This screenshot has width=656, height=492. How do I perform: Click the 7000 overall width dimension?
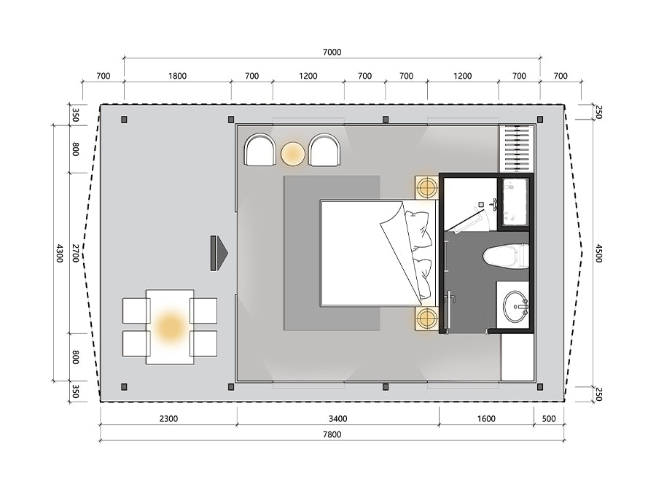(x=332, y=52)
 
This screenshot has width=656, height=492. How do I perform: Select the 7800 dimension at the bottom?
(x=332, y=434)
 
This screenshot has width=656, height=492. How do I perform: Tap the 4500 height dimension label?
(x=598, y=254)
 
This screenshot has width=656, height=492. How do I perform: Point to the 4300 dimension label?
(x=60, y=253)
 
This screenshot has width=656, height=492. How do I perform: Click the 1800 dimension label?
(x=177, y=76)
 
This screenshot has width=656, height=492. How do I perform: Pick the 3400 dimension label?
(x=337, y=418)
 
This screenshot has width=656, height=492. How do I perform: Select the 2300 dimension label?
(x=168, y=418)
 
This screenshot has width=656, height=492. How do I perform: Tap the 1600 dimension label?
(x=486, y=418)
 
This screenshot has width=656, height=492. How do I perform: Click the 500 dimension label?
(x=549, y=418)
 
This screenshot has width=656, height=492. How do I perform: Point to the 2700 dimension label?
(x=75, y=253)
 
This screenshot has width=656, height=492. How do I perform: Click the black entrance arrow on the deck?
(x=219, y=253)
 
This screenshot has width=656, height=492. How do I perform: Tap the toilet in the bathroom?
(x=506, y=256)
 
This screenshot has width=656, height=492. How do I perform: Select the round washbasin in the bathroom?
(x=515, y=307)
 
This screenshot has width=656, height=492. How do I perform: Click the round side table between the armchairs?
(x=293, y=154)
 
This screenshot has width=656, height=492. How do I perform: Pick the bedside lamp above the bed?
(x=426, y=187)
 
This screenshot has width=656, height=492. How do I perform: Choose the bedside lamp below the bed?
(x=426, y=318)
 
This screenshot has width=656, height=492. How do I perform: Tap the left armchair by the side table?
(x=259, y=149)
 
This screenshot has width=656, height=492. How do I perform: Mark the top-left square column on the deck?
(x=124, y=120)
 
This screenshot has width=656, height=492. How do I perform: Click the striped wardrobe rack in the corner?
(x=517, y=149)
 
